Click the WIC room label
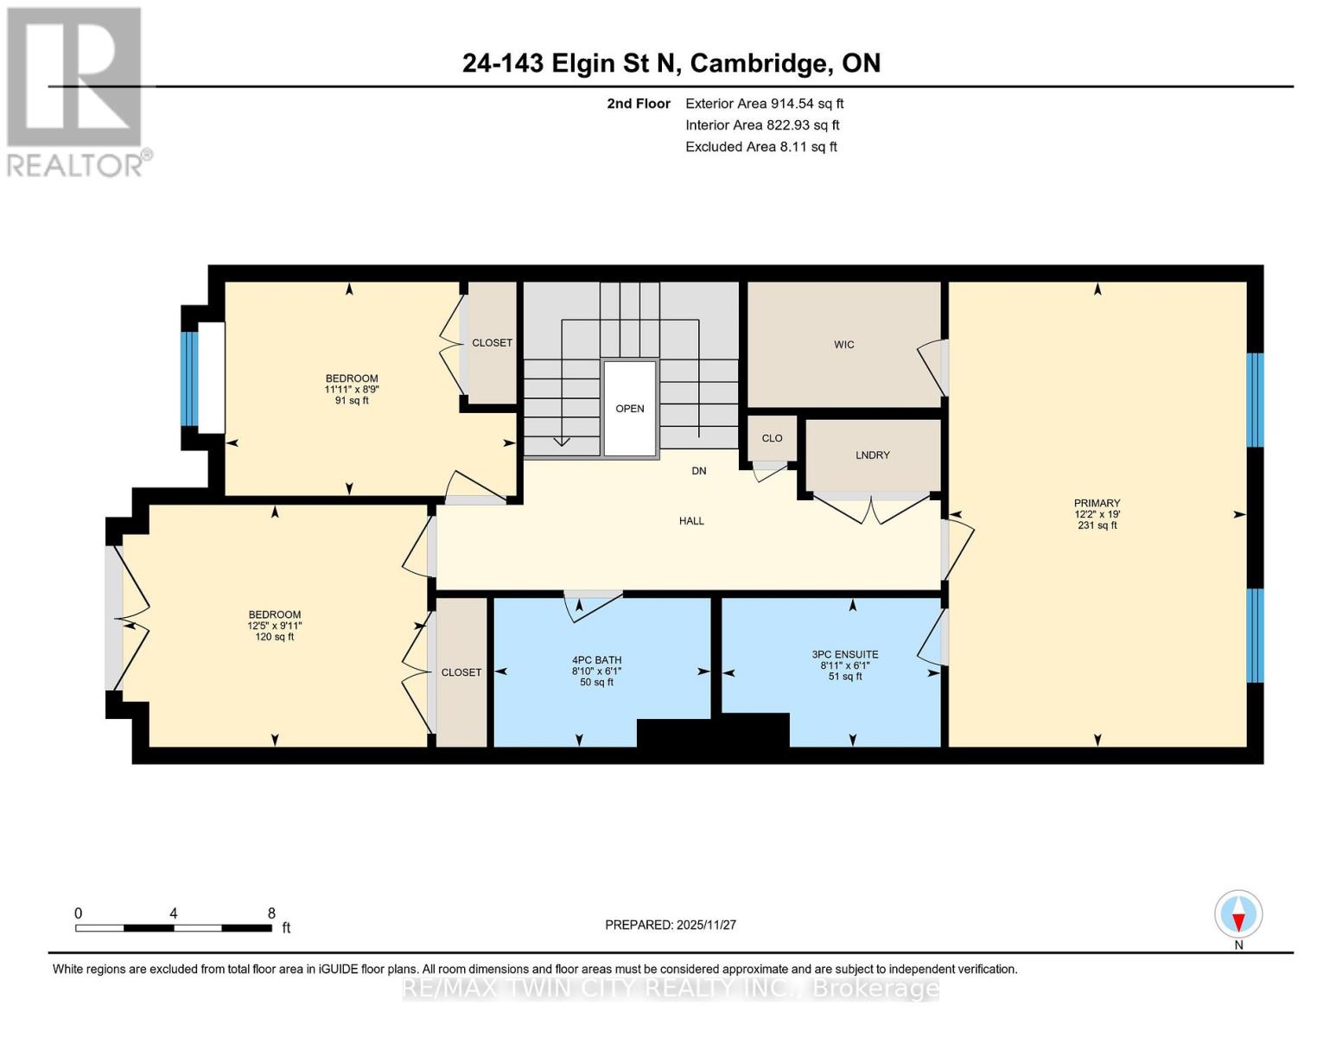(843, 345)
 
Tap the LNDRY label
(872, 455)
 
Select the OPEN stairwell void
(629, 409)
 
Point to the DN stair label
(699, 471)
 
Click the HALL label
(691, 521)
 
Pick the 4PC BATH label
(596, 660)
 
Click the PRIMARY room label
(1097, 503)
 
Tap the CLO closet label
(772, 438)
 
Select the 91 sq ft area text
(352, 400)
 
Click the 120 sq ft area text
(275, 637)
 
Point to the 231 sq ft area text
(1097, 525)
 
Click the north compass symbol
(1238, 914)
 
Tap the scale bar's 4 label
(174, 913)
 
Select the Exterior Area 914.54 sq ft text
(764, 104)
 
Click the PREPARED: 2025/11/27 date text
(671, 925)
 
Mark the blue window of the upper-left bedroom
(188, 379)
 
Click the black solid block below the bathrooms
(713, 731)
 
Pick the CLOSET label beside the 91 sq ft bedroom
(492, 343)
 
